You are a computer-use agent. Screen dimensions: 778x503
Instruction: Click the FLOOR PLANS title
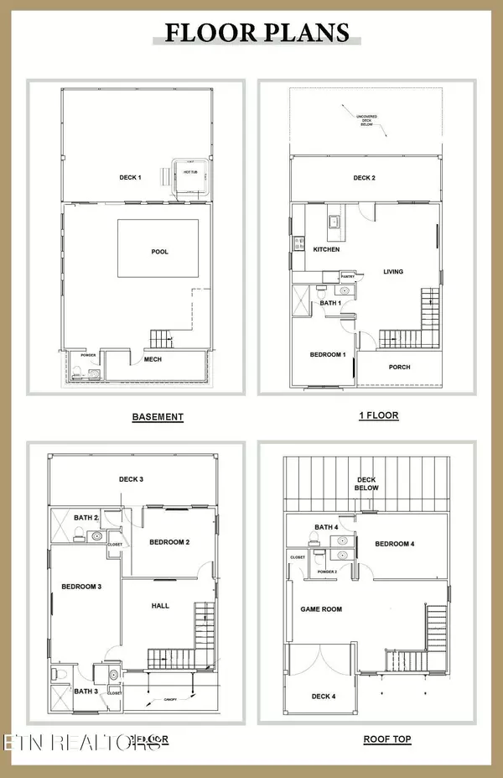(257, 33)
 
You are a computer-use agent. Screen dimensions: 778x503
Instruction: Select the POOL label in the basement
(158, 251)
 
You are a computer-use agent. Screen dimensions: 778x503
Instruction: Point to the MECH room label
(153, 359)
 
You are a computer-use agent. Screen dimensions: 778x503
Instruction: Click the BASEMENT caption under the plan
(158, 416)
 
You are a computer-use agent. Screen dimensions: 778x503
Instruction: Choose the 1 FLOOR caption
(378, 415)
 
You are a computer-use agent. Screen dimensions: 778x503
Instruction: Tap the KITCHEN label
(324, 250)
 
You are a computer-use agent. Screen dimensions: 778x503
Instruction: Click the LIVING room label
(393, 272)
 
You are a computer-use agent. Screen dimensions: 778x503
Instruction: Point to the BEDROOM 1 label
(328, 355)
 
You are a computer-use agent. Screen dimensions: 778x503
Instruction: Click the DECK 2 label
(364, 178)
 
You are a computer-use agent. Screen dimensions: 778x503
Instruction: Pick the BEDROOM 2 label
(169, 542)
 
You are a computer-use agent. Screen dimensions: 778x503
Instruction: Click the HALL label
(159, 604)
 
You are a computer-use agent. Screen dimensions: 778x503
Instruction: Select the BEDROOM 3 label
(81, 586)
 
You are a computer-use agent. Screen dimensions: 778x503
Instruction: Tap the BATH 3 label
(86, 691)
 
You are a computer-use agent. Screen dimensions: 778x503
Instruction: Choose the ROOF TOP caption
(386, 739)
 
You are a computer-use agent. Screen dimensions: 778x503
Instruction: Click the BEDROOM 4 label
(394, 544)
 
